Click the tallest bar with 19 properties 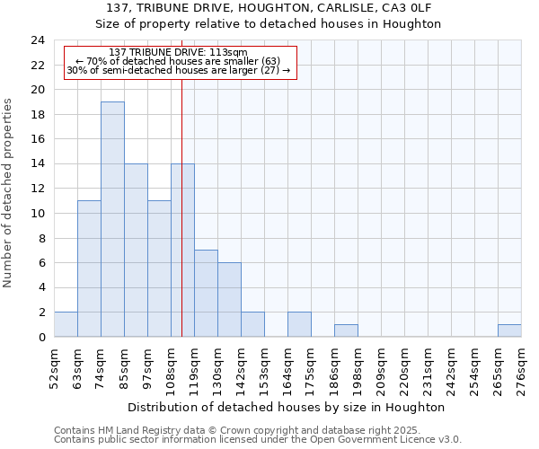click(112, 219)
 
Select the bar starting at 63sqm click(89, 269)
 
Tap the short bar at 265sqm click(509, 330)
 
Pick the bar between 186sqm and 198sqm click(346, 330)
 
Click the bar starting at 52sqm click(66, 324)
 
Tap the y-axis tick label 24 click(37, 40)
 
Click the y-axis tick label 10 click(37, 214)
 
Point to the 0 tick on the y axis click(40, 338)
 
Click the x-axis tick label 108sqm click(172, 366)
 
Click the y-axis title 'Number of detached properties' click(8, 193)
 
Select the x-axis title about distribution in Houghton click(287, 407)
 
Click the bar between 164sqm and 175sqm click(299, 324)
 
